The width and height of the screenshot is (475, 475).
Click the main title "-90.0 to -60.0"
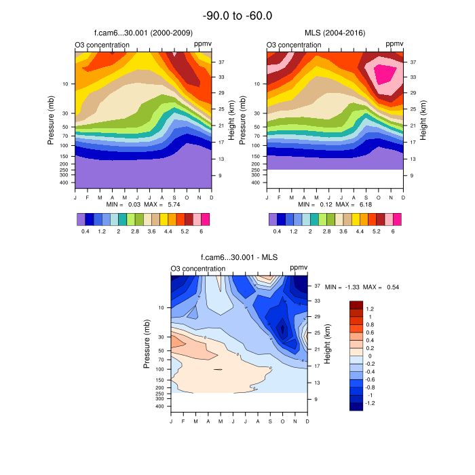point(237,15)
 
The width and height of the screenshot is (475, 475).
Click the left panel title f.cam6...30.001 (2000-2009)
point(143,33)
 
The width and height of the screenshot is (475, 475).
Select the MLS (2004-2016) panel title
point(335,33)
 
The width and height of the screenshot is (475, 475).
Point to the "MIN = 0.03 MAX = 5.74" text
point(143,204)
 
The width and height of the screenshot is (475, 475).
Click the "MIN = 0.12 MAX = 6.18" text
point(335,204)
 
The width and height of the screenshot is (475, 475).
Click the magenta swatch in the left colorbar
point(206,219)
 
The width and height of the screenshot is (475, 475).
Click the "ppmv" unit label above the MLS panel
point(394,44)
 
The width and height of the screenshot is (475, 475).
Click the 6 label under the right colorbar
point(393,231)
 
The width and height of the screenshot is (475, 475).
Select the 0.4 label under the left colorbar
point(85,231)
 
